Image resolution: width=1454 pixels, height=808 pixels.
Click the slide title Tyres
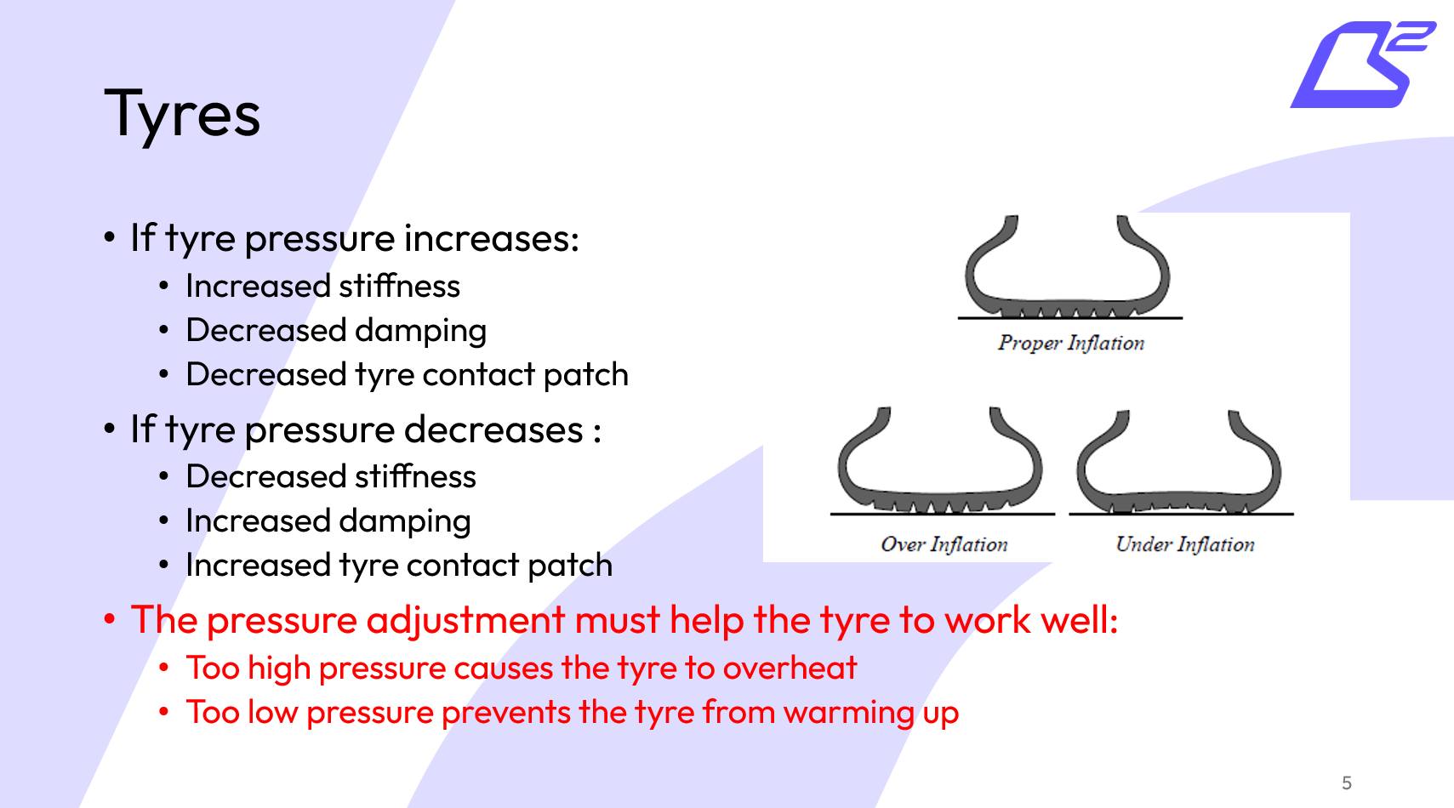point(182,115)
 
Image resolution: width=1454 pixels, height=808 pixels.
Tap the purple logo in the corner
point(1361,65)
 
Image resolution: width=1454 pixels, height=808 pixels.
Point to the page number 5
point(1346,782)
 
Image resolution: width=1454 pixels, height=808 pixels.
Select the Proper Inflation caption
point(1071,343)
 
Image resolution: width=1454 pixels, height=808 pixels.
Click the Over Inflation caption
point(944,544)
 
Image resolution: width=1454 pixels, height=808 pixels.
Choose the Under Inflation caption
point(1184,544)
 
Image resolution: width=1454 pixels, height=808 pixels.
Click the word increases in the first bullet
point(491,239)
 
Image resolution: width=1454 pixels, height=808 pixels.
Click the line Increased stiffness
point(322,287)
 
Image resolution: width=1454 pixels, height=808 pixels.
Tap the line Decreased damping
point(336,331)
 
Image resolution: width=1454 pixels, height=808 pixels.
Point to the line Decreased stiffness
point(331,477)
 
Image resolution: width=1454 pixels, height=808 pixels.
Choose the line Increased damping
point(328,521)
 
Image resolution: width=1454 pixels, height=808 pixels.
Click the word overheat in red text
point(790,669)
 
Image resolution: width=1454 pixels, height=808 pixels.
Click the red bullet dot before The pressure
point(110,619)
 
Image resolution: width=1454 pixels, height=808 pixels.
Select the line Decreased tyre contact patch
point(407,375)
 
